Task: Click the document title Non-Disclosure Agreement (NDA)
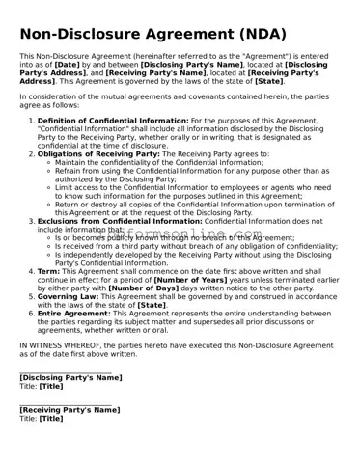pyautogui.click(x=152, y=34)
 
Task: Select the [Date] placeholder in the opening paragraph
pyautogui.click(x=68, y=65)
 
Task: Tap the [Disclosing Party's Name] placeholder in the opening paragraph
pyautogui.click(x=191, y=65)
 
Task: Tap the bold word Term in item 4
pyautogui.click(x=47, y=272)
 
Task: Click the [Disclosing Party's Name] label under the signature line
pyautogui.click(x=70, y=377)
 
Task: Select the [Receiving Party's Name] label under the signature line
pyautogui.click(x=69, y=410)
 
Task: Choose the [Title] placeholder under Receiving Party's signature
pyautogui.click(x=51, y=419)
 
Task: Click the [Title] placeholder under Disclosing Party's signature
pyautogui.click(x=51, y=386)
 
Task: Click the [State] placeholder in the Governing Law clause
pyautogui.click(x=152, y=305)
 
